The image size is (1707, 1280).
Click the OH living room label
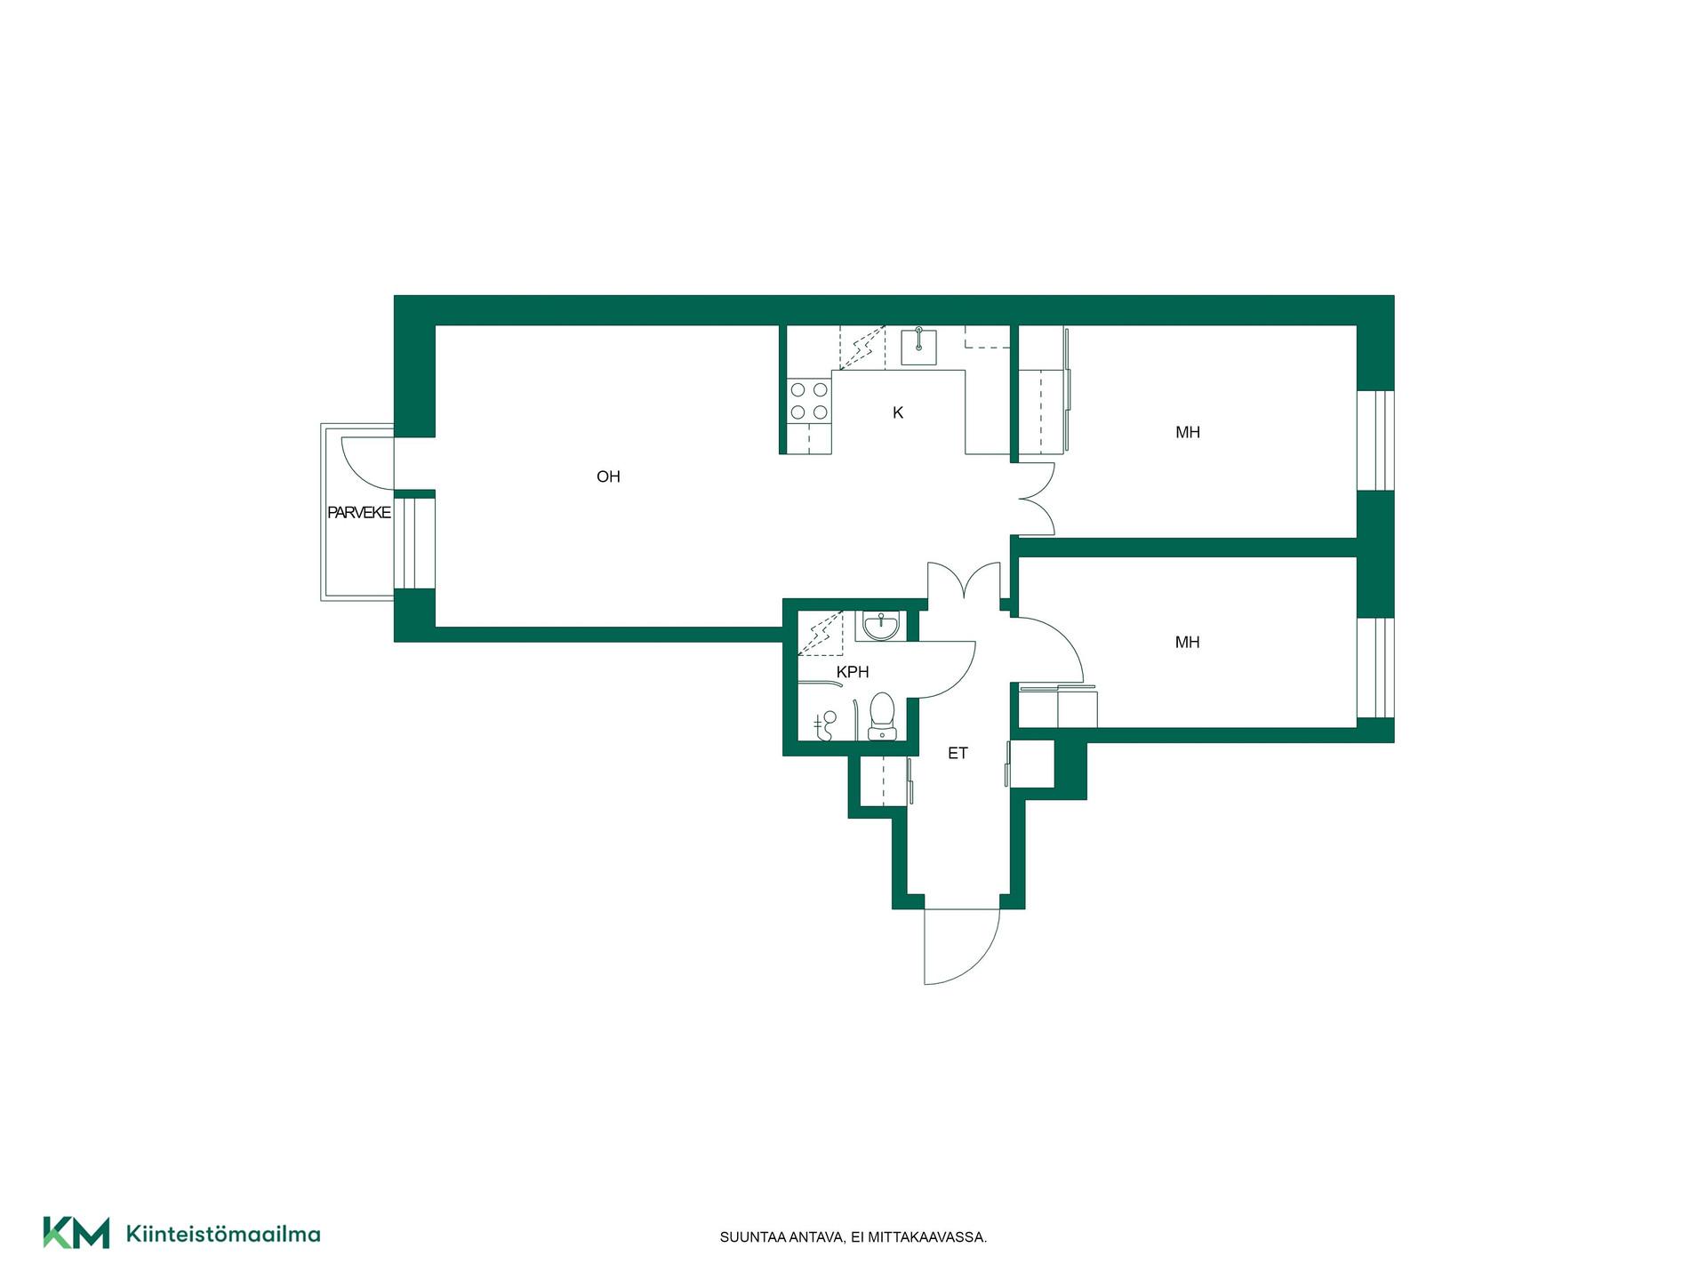point(608,477)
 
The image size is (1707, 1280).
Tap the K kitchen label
point(898,412)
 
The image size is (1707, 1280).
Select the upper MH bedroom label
point(1188,433)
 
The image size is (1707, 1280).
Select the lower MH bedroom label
point(1188,643)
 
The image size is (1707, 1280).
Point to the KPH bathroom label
point(853,673)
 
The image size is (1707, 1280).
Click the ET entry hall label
point(958,754)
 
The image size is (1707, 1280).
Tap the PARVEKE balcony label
point(359,513)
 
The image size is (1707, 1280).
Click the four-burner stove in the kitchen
point(809,401)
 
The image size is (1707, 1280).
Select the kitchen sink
point(918,347)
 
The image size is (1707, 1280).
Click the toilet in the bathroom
point(882,716)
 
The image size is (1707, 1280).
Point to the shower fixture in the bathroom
point(825,724)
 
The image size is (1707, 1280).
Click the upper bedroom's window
point(1375,440)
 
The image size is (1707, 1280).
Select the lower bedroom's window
point(1375,668)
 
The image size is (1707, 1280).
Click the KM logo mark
point(76,1233)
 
